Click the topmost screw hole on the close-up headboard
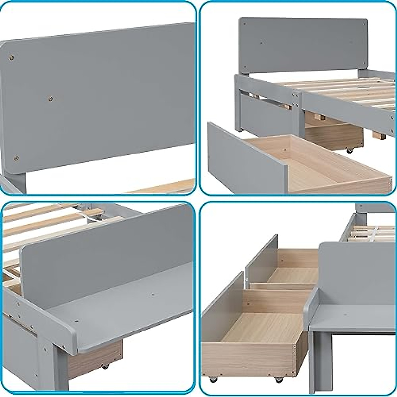(12, 58)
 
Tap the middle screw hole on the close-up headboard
(50, 99)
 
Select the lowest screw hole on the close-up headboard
(16, 158)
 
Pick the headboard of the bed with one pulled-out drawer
(303, 45)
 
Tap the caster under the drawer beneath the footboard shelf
(105, 366)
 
